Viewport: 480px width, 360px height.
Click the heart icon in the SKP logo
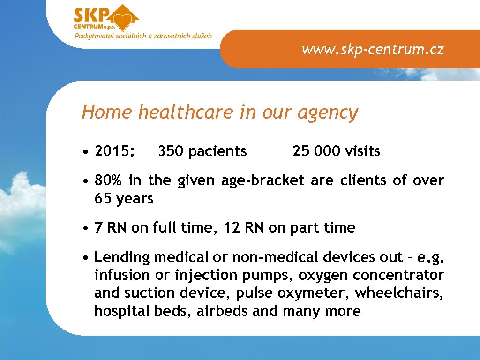tap(124, 20)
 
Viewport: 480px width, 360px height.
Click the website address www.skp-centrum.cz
tap(372, 49)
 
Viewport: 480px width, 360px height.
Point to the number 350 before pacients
tap(171, 151)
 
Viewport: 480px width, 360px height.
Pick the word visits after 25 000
tap(362, 151)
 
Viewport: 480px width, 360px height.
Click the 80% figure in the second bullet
tap(107, 180)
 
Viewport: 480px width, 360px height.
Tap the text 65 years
tap(124, 199)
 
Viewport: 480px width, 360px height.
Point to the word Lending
tap(121, 257)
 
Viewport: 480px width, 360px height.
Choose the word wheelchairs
tap(398, 293)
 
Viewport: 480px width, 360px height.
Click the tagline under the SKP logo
tap(142, 36)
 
